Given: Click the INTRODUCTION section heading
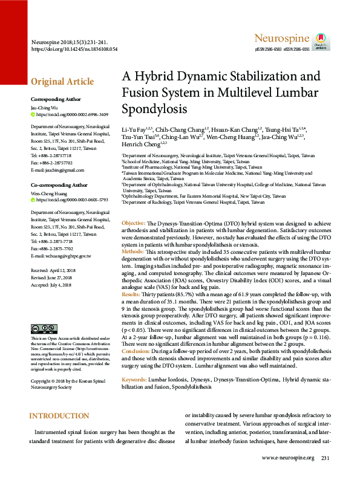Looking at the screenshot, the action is (x=59, y=399).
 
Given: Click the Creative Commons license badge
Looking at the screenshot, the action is (x=44, y=329).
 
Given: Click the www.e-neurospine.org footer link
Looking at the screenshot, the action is (x=288, y=458).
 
